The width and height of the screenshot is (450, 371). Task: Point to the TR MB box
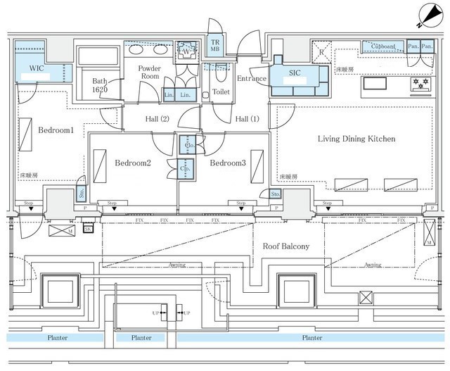216,48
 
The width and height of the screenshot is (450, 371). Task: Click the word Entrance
251,78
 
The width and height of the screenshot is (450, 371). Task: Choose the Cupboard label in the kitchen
382,46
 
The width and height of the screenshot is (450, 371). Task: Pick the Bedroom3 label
227,163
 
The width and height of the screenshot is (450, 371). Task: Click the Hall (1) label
248,118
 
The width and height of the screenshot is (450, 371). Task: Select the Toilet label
221,92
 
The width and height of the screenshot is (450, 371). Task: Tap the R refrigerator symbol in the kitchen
321,52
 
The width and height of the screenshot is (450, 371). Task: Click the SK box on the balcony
88,229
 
